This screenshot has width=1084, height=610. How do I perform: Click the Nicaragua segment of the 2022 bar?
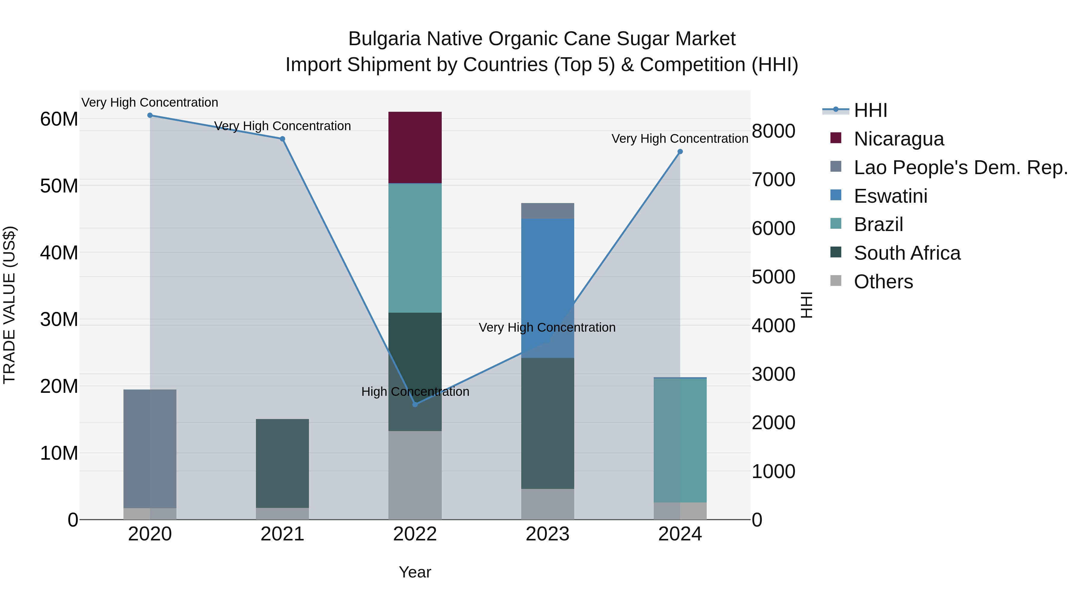click(x=415, y=147)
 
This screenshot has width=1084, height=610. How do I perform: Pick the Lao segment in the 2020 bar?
click(x=150, y=448)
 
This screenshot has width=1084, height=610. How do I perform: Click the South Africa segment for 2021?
click(x=282, y=463)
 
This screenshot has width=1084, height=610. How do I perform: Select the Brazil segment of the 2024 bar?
click(x=680, y=440)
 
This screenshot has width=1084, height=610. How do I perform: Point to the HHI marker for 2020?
click(x=150, y=115)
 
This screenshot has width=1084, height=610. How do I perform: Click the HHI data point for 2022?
click(x=415, y=404)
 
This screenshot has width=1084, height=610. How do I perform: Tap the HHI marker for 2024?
click(x=680, y=152)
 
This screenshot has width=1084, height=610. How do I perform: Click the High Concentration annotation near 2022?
click(x=415, y=392)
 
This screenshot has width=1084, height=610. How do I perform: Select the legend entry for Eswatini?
click(x=890, y=196)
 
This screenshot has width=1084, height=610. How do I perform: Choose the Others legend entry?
click(x=883, y=282)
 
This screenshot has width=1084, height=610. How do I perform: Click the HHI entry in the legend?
click(x=870, y=110)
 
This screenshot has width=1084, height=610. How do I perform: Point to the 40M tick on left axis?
click(x=59, y=253)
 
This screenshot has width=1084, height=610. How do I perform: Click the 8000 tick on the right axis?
click(x=774, y=131)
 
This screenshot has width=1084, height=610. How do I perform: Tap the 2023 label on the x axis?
click(x=547, y=534)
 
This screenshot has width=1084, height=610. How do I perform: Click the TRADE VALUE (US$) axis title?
click(x=9, y=305)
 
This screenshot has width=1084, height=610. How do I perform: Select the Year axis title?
click(x=415, y=572)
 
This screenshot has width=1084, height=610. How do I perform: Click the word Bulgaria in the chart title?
click(x=384, y=39)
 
